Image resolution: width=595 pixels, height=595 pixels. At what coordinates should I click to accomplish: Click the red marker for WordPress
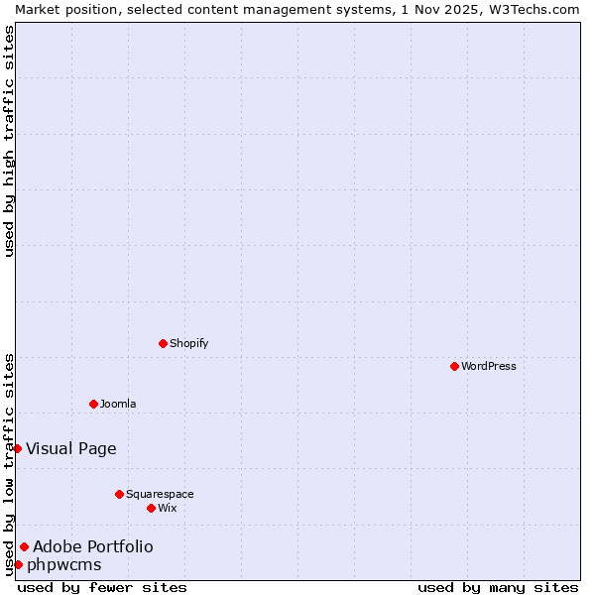click(x=454, y=366)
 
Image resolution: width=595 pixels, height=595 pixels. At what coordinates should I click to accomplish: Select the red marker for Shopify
click(x=163, y=343)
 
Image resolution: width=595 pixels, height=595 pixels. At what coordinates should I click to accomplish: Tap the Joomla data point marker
click(x=93, y=404)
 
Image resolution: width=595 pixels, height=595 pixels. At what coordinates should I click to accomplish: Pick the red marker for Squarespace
click(x=119, y=494)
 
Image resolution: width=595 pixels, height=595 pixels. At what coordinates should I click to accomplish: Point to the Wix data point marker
click(x=151, y=508)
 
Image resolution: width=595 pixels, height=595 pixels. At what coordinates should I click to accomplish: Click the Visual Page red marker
click(x=17, y=448)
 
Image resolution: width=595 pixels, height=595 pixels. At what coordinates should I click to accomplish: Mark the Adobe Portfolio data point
click(x=24, y=546)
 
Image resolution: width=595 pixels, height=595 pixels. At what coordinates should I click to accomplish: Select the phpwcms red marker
click(x=18, y=564)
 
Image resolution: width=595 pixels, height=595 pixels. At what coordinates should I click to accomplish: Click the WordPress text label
click(x=489, y=366)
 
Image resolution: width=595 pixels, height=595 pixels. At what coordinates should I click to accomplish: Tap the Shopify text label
click(x=189, y=343)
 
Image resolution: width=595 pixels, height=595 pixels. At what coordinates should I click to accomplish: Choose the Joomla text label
click(x=118, y=404)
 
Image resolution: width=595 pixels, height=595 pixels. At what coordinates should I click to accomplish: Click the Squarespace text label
click(x=160, y=494)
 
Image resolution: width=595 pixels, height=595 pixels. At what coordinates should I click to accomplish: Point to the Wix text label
click(x=168, y=508)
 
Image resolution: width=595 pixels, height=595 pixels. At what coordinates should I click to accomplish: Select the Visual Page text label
click(x=71, y=448)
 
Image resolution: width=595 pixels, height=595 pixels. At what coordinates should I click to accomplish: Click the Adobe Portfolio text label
click(x=93, y=546)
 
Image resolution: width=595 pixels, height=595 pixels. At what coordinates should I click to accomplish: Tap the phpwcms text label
click(x=64, y=564)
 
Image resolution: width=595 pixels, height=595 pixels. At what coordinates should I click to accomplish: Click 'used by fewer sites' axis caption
click(x=102, y=587)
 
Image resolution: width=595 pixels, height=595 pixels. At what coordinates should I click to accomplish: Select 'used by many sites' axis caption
click(x=498, y=587)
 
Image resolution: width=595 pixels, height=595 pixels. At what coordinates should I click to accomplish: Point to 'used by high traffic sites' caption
click(x=9, y=141)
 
